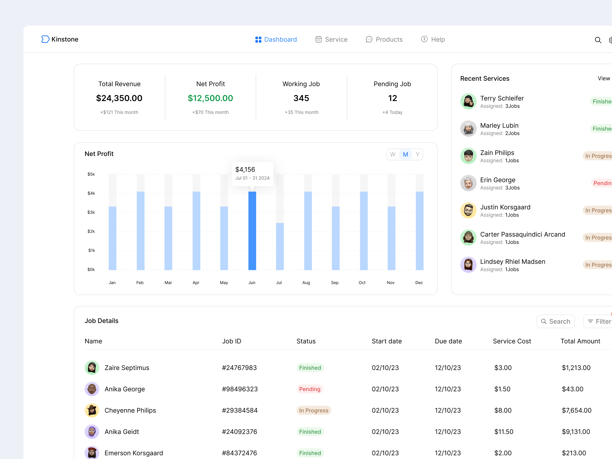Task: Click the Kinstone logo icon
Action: (45, 39)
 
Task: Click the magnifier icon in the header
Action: (598, 40)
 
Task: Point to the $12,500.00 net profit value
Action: (210, 98)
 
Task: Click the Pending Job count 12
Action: (392, 98)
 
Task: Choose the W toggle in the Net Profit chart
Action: (392, 154)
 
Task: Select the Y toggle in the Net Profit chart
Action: (417, 154)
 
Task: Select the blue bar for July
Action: (280, 246)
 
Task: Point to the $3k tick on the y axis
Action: (91, 212)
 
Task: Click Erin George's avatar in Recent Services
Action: (468, 183)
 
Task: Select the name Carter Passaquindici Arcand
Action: (522, 234)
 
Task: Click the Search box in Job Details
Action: (555, 321)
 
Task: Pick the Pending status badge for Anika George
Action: (309, 389)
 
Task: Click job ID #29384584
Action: (240, 410)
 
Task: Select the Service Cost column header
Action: (512, 341)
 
